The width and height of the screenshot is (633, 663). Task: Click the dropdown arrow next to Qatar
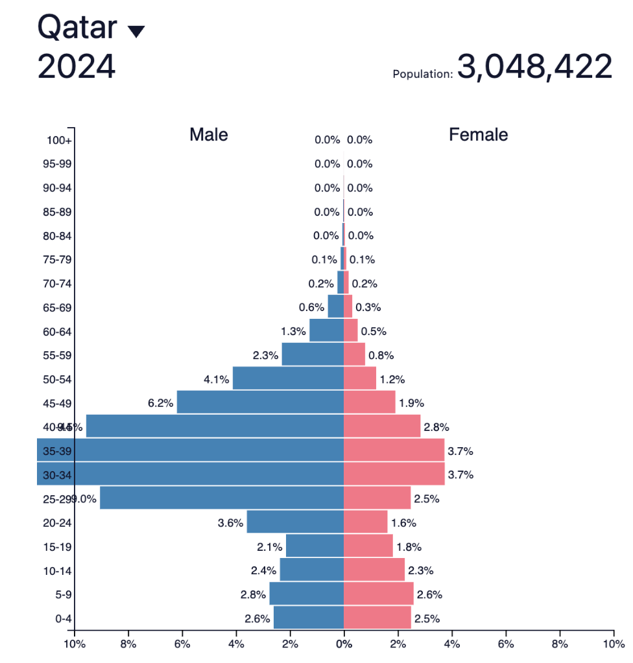[x=136, y=32]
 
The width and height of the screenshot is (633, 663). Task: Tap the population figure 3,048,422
[x=534, y=67]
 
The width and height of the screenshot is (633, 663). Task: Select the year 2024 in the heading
[x=77, y=67]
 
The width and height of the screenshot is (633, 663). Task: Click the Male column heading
[x=209, y=135]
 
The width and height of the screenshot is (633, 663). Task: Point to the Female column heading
[x=479, y=135]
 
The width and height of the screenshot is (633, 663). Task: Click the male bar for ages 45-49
[x=260, y=402]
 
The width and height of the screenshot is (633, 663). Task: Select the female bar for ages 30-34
[x=394, y=474]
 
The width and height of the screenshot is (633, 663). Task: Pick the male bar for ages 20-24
[x=295, y=522]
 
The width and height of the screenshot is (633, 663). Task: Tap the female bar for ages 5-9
[x=378, y=594]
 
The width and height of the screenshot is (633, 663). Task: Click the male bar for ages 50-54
[x=288, y=378]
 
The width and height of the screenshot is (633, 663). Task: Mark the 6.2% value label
[x=161, y=403]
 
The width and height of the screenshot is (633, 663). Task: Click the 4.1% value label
[x=217, y=379]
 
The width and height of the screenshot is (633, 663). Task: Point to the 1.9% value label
[x=412, y=403]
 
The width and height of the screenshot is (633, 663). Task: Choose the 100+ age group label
[x=60, y=140]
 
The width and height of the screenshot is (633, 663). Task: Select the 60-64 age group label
[x=58, y=332]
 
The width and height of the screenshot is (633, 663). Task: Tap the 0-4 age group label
[x=63, y=619]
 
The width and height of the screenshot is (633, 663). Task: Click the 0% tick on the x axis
[x=344, y=644]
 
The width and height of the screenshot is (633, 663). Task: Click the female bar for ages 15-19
[x=368, y=546]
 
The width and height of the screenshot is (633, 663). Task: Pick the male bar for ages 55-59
[x=313, y=355]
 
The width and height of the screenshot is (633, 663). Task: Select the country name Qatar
[x=77, y=28]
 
